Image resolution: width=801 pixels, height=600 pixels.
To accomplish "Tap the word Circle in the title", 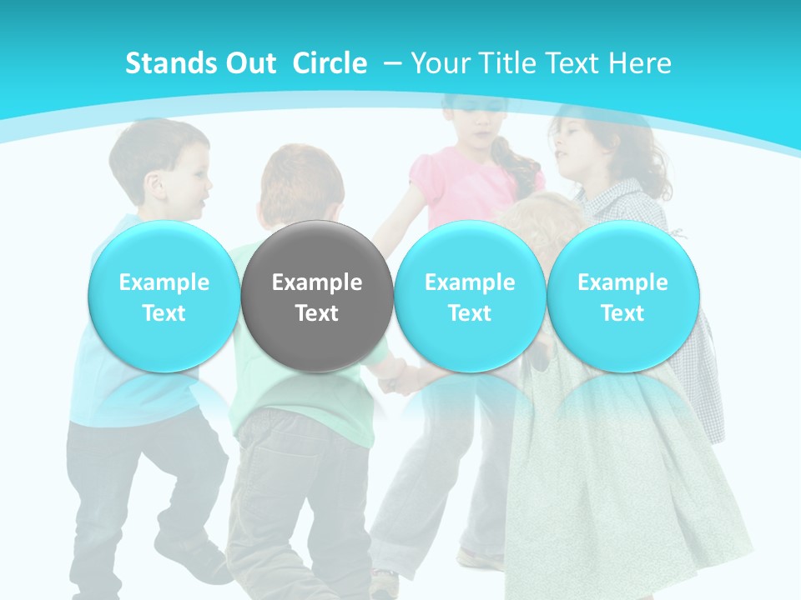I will click(x=330, y=63).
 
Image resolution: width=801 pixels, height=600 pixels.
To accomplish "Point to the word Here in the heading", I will click(x=640, y=63).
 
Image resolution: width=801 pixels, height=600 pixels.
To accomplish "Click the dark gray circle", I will click(x=317, y=297).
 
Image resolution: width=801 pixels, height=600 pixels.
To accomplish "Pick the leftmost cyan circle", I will click(x=164, y=297).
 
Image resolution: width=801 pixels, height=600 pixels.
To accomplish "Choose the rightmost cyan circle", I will click(x=622, y=297).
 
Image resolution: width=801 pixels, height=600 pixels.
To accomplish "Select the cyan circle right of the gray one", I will click(x=470, y=297).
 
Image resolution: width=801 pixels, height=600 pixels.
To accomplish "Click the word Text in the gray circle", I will click(x=317, y=313).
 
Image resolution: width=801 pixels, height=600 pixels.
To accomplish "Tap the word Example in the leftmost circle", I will click(x=164, y=282).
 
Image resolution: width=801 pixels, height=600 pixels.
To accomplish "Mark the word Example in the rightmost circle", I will click(x=622, y=282).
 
